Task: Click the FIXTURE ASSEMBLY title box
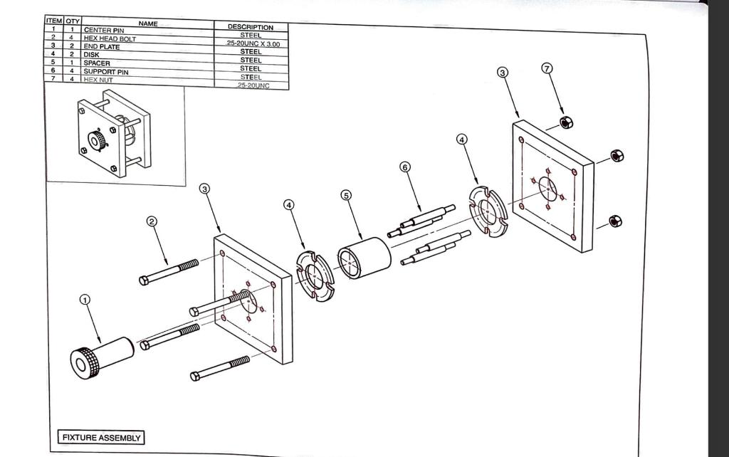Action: tap(100, 437)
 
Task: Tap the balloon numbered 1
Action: tap(85, 300)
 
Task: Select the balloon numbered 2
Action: tap(152, 221)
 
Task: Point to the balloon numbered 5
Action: tap(346, 195)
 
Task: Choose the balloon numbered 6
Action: tap(405, 167)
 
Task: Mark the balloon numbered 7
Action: tap(547, 68)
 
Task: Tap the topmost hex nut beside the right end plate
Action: tap(567, 122)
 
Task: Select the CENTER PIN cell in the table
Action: tap(104, 31)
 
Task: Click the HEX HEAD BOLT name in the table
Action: tap(110, 38)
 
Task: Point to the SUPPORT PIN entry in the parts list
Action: tap(106, 72)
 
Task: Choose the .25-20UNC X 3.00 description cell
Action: tap(253, 44)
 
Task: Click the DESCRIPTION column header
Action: tap(251, 27)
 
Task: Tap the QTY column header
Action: tap(73, 21)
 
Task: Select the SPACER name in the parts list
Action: tap(97, 63)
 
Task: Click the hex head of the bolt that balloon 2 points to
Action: tap(145, 280)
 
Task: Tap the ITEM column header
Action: tap(54, 21)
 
